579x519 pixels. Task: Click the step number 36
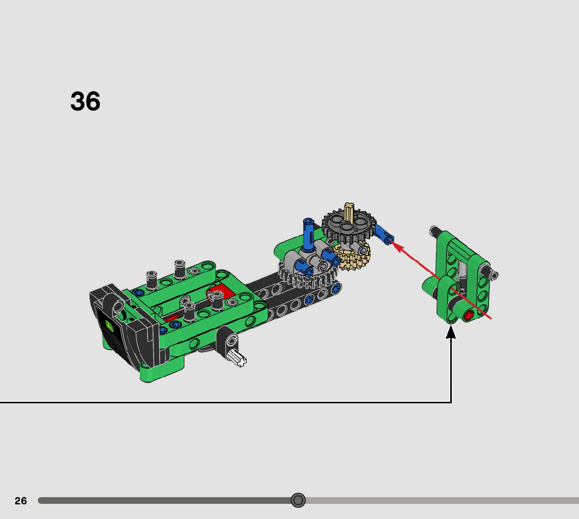point(85,101)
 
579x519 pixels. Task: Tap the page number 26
point(21,501)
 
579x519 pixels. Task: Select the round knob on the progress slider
point(298,500)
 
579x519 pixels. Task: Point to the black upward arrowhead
point(451,332)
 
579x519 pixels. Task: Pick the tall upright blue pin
point(308,234)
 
